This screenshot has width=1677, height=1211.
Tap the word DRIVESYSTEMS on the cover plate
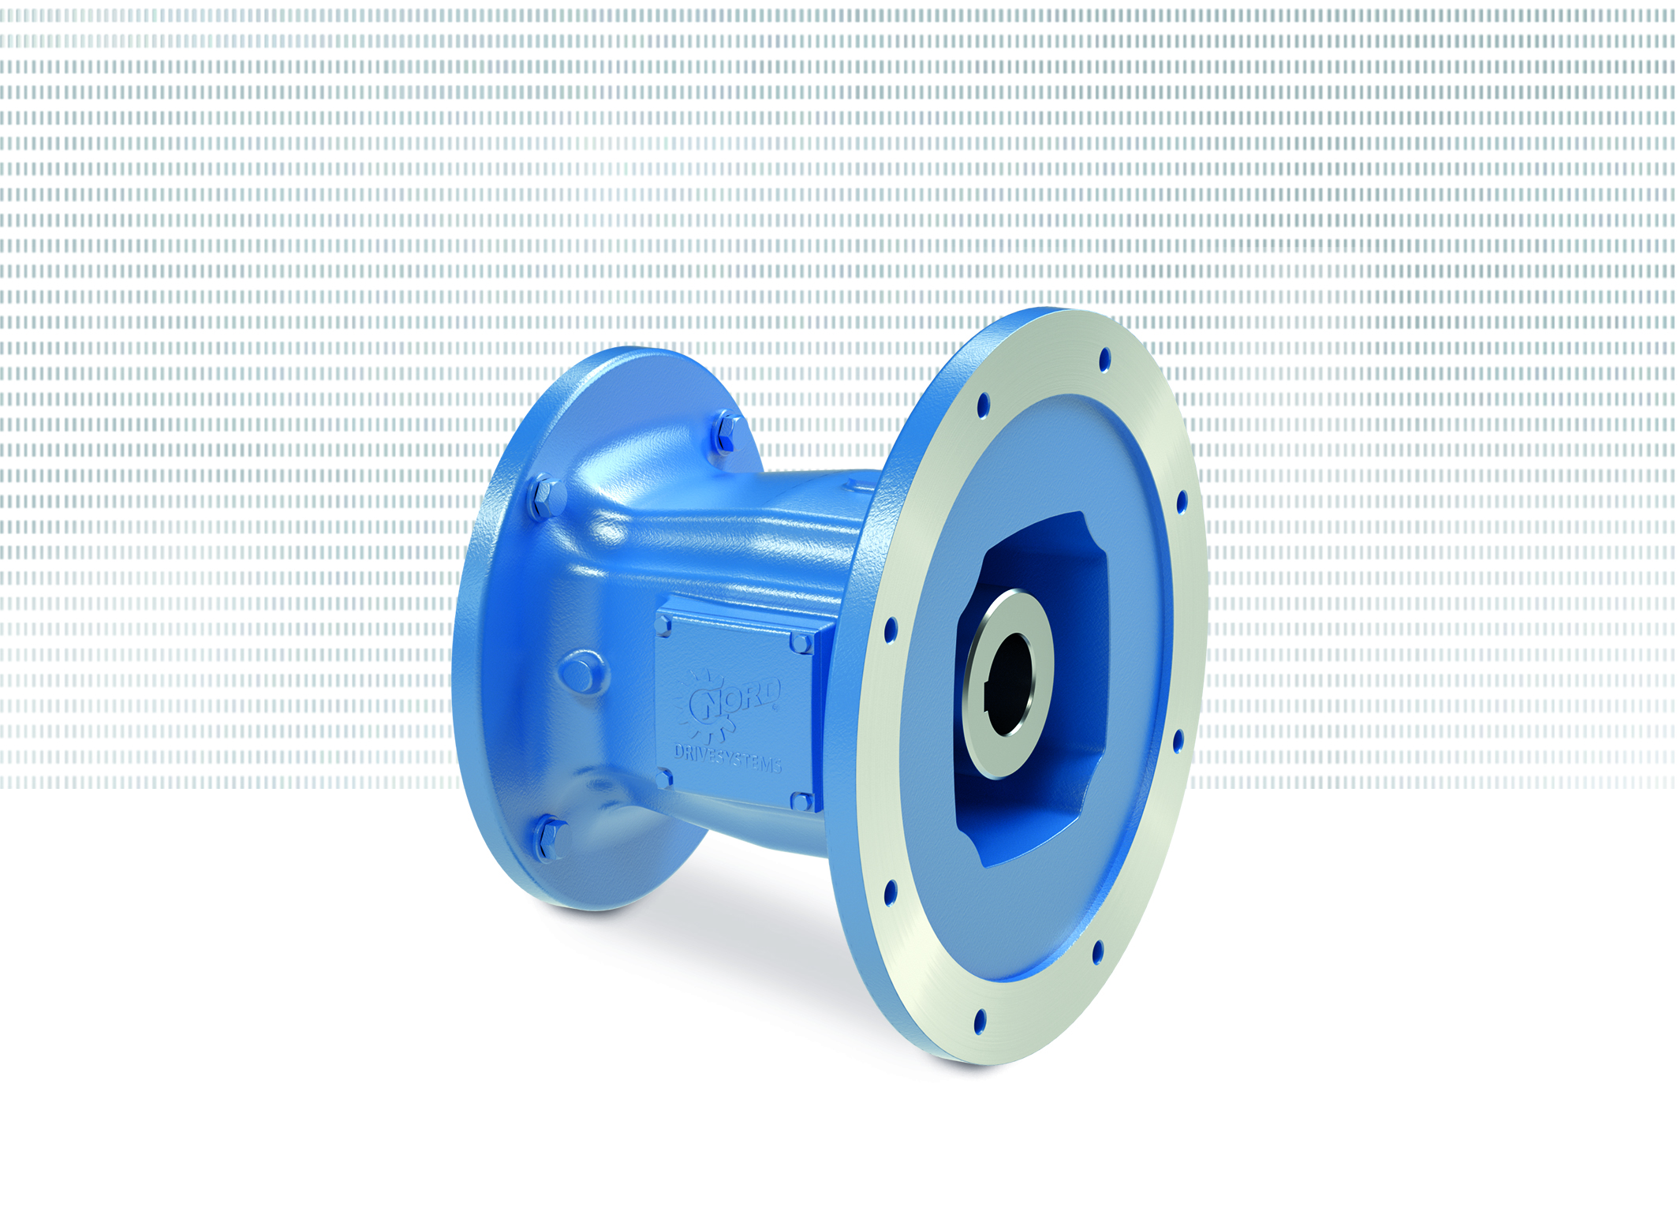coord(727,758)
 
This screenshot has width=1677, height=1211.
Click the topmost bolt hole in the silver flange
coord(1104,360)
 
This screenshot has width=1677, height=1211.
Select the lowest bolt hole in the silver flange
coord(980,1021)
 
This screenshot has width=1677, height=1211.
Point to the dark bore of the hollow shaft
coord(1010,683)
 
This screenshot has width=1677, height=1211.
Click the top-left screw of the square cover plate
coord(663,626)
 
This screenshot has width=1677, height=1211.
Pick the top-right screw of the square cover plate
coord(801,643)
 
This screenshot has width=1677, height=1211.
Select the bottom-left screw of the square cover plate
coord(663,779)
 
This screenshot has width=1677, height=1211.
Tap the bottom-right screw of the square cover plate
coord(801,802)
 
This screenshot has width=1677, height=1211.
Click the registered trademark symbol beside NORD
coord(776,708)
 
